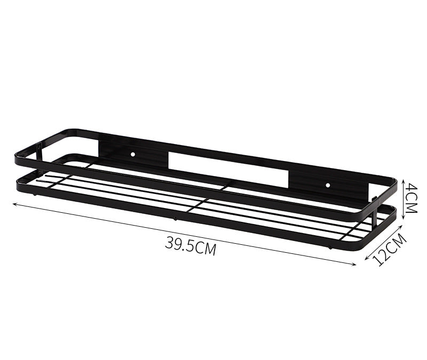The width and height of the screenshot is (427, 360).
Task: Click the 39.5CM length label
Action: pyautogui.click(x=191, y=246)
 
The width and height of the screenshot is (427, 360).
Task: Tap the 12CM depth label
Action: pyautogui.click(x=390, y=250)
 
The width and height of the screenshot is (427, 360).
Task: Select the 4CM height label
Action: pyautogui.click(x=411, y=198)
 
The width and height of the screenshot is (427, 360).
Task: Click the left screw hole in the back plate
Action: pyautogui.click(x=132, y=154)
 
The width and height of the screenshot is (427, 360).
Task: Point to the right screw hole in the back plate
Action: pyautogui.click(x=328, y=185)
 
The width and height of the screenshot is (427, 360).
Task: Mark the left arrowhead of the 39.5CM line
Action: pyautogui.click(x=15, y=203)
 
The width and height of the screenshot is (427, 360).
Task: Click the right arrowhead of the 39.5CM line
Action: pyautogui.click(x=354, y=263)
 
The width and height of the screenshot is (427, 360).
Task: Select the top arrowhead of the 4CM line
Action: pyautogui.click(x=404, y=179)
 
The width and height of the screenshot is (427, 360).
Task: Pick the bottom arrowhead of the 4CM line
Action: pyautogui.click(x=404, y=217)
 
